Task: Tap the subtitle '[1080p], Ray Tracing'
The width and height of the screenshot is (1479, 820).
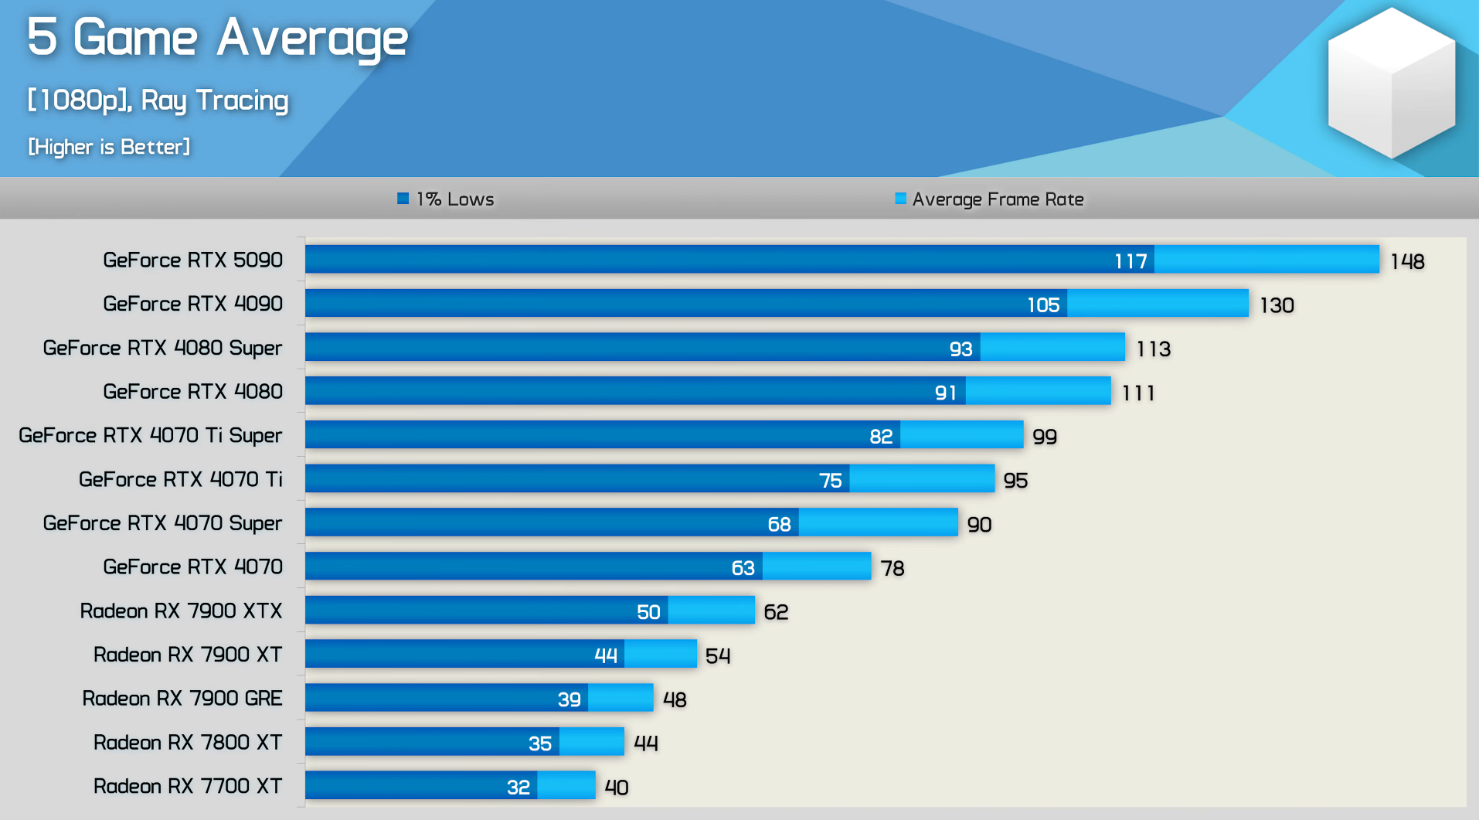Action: [x=158, y=100]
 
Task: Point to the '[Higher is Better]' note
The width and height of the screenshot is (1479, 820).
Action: [x=109, y=147]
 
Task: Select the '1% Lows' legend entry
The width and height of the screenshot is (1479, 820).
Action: [x=447, y=199]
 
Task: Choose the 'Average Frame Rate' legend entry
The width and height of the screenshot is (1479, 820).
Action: [x=990, y=199]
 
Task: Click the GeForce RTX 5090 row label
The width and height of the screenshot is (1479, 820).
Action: [x=192, y=260]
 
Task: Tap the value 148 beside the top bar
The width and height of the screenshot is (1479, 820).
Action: [x=1407, y=261]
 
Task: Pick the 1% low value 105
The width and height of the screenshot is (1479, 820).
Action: [x=1043, y=305]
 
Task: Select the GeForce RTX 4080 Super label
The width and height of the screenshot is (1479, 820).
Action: [x=162, y=348]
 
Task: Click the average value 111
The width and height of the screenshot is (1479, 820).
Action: [x=1138, y=393]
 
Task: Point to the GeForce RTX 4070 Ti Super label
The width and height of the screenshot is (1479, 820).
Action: [x=150, y=435]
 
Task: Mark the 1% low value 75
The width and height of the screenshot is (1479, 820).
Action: [x=831, y=481]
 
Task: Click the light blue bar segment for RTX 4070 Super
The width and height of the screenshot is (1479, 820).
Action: [x=878, y=522]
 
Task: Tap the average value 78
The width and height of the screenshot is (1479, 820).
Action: [x=892, y=569]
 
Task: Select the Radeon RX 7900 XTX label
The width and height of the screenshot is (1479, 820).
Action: [x=181, y=611]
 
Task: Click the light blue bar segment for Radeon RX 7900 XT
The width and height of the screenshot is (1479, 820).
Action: [x=660, y=654]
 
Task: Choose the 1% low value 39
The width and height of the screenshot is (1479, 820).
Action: [x=569, y=699]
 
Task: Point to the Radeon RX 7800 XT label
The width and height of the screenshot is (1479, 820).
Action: [x=187, y=742]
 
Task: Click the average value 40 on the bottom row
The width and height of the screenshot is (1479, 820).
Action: [x=617, y=788]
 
